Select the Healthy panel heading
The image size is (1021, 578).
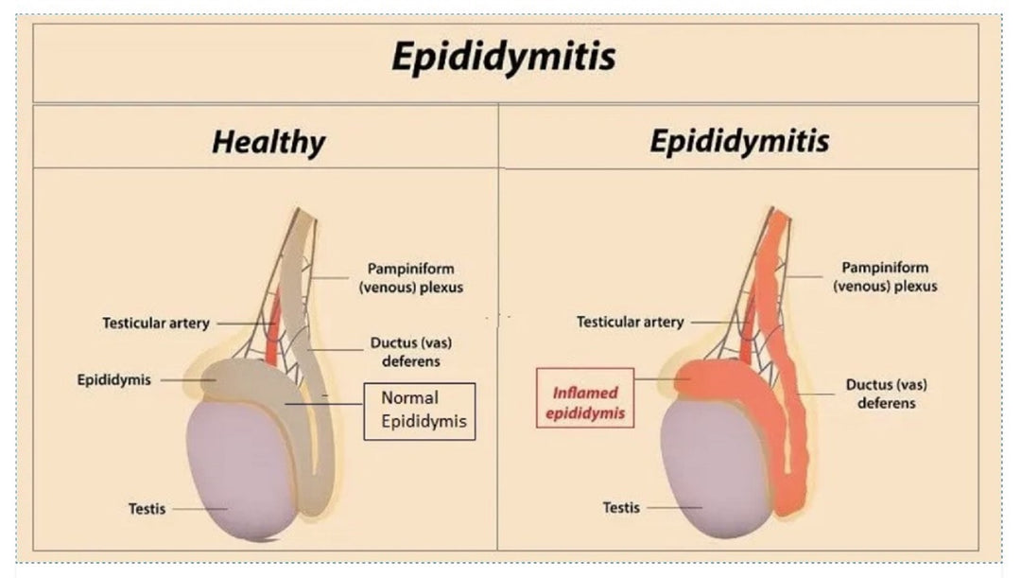[x=268, y=143]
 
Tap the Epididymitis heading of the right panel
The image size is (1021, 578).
[x=739, y=142]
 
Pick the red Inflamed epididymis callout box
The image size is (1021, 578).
[x=584, y=402]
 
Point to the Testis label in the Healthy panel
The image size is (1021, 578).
[x=147, y=509]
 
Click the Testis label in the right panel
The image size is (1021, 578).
[x=621, y=508]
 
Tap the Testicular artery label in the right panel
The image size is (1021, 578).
[x=630, y=323]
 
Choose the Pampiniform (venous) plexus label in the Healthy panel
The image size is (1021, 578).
[x=411, y=278]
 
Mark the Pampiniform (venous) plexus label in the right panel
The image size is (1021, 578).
[x=885, y=276]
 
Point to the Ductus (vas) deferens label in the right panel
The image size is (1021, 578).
[x=886, y=394]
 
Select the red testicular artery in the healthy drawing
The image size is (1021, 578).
[x=273, y=331]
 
